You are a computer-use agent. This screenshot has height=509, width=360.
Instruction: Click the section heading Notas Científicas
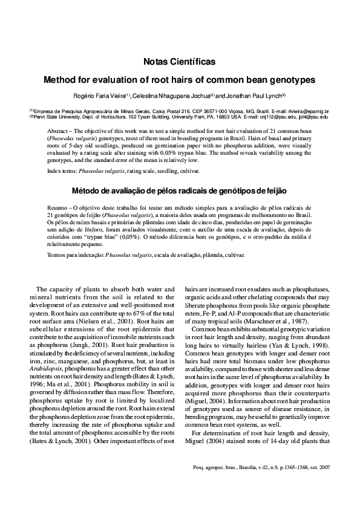179,62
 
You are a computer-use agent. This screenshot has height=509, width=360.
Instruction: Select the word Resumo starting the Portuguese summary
58,207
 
